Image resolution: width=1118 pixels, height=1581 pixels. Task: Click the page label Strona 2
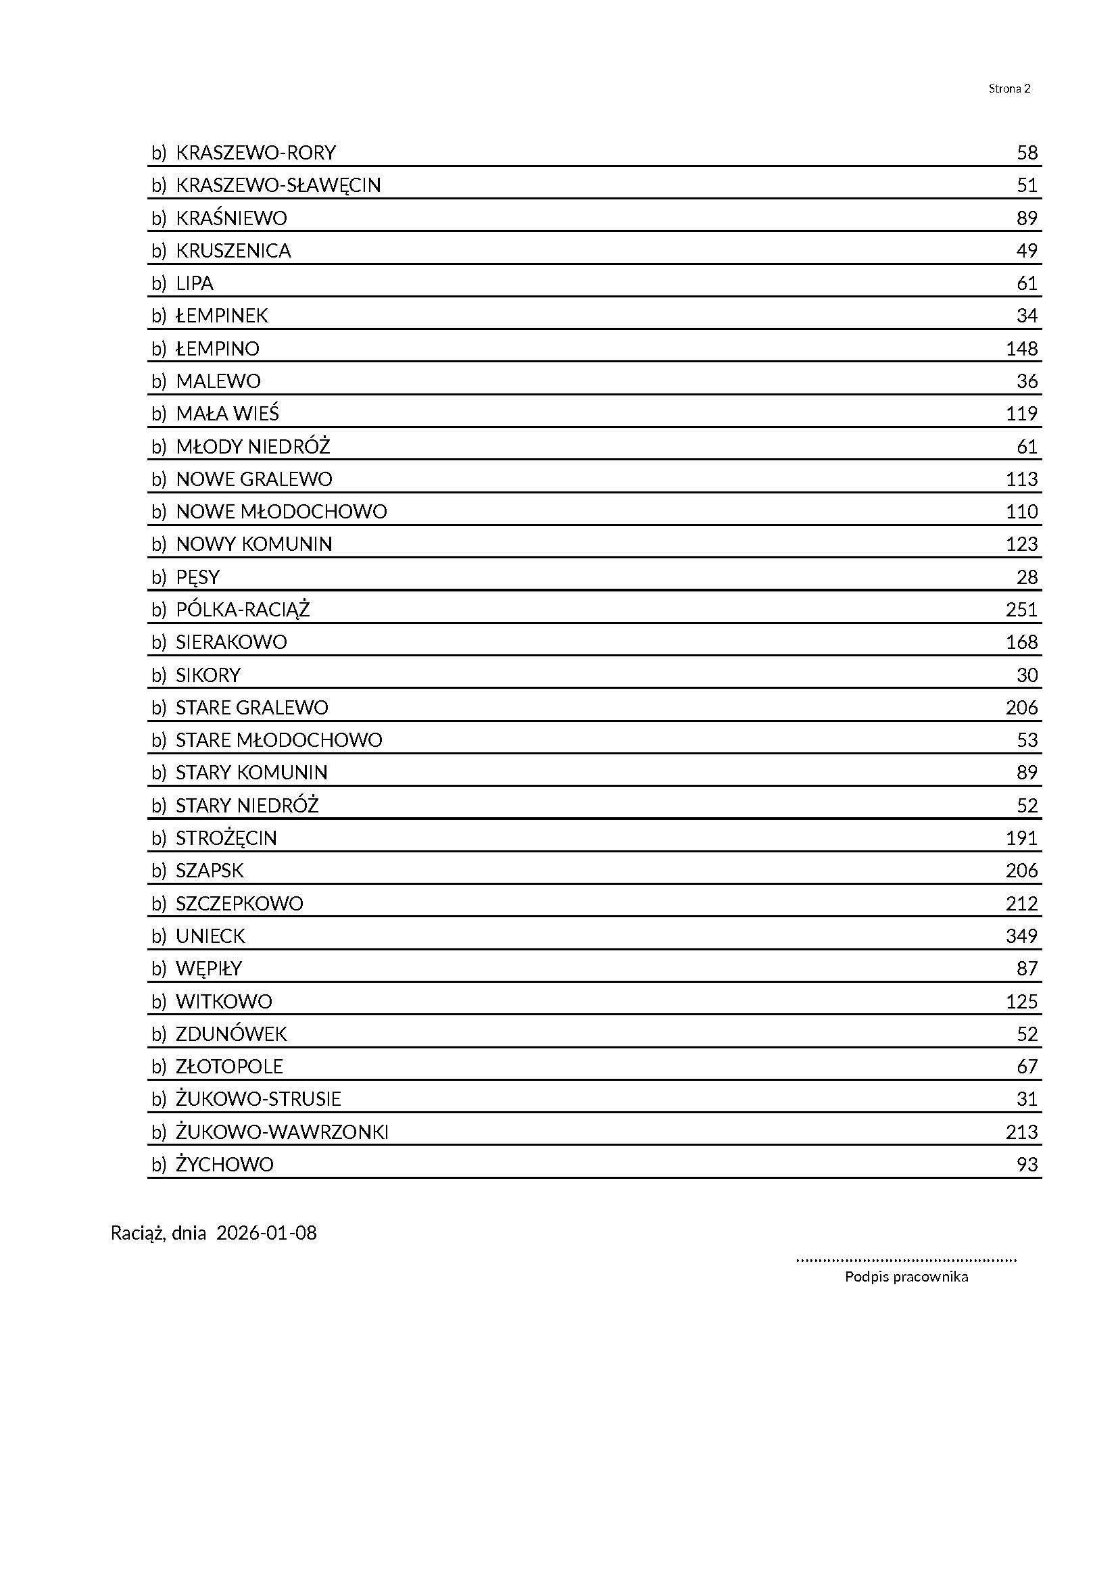click(1008, 88)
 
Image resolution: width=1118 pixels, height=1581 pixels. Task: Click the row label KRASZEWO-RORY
click(256, 152)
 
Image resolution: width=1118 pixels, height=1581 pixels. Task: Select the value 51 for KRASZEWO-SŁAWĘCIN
click(1027, 185)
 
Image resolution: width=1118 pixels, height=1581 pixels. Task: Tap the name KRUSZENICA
click(233, 251)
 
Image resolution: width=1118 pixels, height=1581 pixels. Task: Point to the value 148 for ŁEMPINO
click(1021, 348)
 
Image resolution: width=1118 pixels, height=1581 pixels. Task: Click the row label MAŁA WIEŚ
click(227, 414)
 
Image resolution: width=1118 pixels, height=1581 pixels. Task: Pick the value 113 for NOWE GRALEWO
click(1021, 479)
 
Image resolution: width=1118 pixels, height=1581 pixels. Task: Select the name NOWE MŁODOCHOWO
click(281, 512)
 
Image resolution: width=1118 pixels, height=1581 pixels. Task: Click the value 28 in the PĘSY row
click(1027, 577)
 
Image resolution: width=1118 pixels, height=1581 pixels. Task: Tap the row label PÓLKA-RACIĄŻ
click(243, 610)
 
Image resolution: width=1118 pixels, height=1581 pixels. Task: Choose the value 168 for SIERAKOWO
click(1021, 642)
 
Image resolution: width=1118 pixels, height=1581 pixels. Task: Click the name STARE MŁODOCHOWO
click(278, 740)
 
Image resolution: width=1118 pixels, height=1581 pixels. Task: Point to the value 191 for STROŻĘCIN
click(1021, 838)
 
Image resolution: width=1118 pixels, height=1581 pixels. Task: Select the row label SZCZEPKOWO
click(239, 904)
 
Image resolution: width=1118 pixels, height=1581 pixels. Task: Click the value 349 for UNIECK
click(1021, 935)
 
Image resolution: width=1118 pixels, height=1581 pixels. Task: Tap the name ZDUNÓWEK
click(230, 1034)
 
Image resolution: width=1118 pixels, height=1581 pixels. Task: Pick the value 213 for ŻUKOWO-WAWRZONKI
click(1021, 1132)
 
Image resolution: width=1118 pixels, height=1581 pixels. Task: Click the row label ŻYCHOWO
click(224, 1165)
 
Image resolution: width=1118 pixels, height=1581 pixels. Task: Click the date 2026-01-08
click(266, 1233)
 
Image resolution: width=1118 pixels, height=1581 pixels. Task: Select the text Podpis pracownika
click(906, 1277)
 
